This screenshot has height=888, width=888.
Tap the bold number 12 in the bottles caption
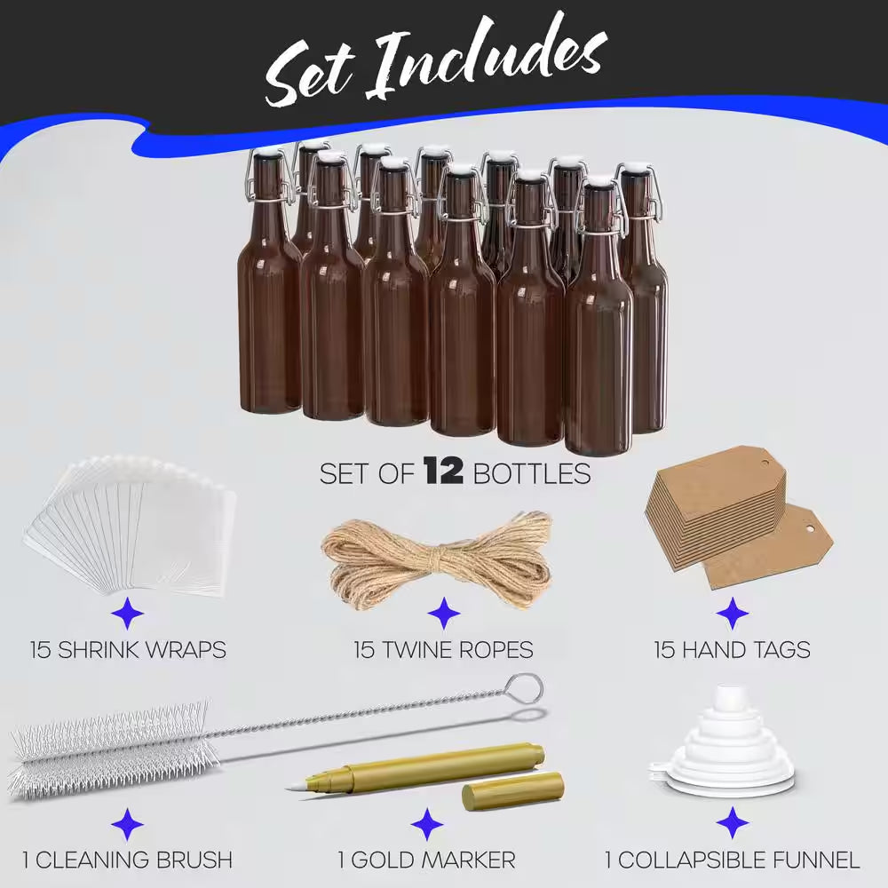pos(442,472)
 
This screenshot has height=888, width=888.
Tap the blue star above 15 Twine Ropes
pos(442,613)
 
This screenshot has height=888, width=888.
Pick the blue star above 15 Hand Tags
pos(732,613)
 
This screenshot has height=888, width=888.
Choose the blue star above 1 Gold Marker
pos(427,824)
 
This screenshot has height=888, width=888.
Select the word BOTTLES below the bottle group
pos(532,473)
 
